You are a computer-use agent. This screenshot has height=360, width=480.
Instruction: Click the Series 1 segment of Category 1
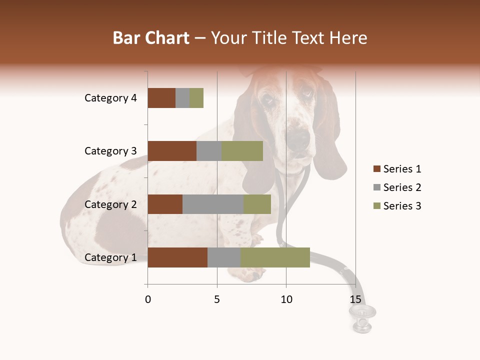(177, 257)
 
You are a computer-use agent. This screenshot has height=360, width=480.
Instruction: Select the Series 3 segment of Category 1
(275, 257)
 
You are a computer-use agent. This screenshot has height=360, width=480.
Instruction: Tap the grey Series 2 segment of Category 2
(213, 204)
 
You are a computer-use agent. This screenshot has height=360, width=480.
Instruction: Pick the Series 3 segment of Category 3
(242, 151)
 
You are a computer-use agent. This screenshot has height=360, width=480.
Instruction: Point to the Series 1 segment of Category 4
(161, 98)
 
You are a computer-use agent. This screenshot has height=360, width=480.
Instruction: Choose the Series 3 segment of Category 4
(196, 98)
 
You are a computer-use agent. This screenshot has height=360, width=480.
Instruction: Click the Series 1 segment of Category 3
(172, 151)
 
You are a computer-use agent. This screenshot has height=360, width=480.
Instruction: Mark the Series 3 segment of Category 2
(257, 204)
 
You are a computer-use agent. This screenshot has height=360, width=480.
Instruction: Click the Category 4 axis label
(110, 98)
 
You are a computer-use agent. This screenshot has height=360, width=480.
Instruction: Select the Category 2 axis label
(110, 204)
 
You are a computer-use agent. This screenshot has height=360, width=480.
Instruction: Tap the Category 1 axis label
(110, 257)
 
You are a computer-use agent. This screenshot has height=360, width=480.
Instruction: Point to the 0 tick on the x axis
(148, 299)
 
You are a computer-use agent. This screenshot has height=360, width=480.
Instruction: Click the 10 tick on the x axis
(286, 299)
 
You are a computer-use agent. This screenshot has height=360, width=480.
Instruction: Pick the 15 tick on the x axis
(355, 299)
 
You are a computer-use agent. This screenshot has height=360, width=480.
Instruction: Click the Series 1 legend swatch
(376, 169)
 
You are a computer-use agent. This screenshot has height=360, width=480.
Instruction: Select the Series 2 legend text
(402, 187)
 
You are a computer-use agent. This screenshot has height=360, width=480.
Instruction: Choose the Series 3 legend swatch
(376, 206)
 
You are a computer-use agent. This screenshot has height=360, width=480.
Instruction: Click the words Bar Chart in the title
(150, 38)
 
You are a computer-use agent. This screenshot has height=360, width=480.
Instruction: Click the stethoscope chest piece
(362, 315)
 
